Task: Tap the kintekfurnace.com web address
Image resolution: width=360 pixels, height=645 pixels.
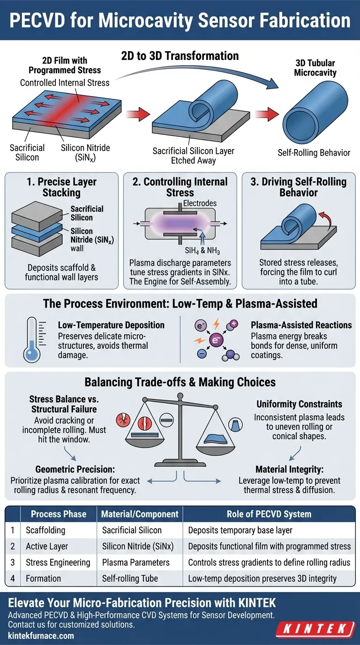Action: pyautogui.click(x=41, y=636)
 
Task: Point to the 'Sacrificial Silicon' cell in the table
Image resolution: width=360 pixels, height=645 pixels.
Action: pyautogui.click(x=132, y=530)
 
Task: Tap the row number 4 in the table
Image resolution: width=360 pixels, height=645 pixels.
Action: pyautogui.click(x=13, y=578)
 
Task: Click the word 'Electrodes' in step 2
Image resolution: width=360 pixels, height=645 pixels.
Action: pyautogui.click(x=200, y=203)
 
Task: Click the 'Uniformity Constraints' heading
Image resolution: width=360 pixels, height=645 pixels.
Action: pyautogui.click(x=299, y=404)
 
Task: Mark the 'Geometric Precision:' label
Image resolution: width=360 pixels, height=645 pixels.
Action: pyautogui.click(x=71, y=469)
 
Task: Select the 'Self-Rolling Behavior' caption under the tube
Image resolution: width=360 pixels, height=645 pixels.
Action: pyautogui.click(x=314, y=153)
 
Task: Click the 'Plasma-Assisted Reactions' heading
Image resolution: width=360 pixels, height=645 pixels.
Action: pyautogui.click(x=301, y=325)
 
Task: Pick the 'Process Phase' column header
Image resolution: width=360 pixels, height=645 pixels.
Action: pyautogui.click(x=59, y=514)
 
